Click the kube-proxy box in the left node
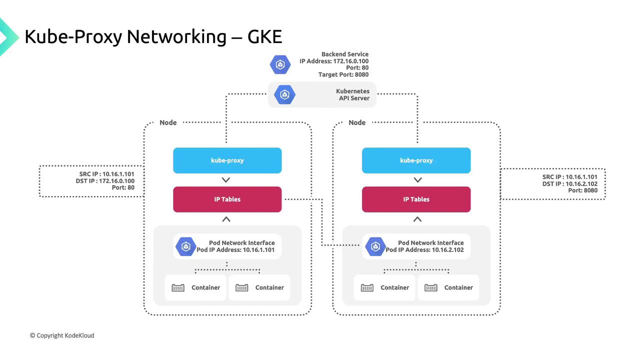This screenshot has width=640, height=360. (227, 160)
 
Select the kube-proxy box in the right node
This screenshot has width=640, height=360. (416, 160)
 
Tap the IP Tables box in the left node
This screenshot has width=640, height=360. (227, 199)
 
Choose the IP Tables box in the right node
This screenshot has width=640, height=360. (416, 199)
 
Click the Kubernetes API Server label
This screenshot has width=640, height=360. (353, 95)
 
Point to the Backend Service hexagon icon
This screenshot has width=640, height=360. (280, 64)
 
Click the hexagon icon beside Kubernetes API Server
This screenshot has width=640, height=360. (285, 94)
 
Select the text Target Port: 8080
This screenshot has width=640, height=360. (343, 75)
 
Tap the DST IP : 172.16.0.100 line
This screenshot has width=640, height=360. (105, 181)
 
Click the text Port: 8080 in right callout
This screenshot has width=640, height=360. (582, 190)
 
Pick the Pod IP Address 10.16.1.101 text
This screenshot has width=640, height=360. (235, 250)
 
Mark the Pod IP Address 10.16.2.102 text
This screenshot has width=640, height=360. (424, 250)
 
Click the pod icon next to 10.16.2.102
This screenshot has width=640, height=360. (375, 246)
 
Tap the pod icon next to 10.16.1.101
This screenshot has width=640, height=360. (186, 246)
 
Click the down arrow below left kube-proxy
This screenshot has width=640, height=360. (226, 180)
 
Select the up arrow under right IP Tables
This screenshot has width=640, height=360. (417, 219)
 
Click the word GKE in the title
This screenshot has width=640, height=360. (265, 36)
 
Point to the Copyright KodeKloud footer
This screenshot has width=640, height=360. (62, 335)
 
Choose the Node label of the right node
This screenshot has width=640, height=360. (357, 122)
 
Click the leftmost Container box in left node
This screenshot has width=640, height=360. (196, 287)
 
